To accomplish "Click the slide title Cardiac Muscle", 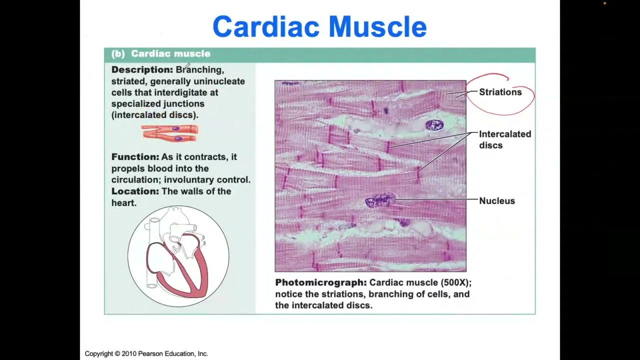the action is tap(319, 27).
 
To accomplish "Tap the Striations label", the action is tap(500, 92).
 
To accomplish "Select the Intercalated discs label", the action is tap(504, 139).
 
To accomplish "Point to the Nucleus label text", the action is tap(496, 201).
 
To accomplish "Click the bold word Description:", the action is tap(142, 69).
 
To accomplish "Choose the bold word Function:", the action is tap(135, 157).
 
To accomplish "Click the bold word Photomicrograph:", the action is tap(320, 282).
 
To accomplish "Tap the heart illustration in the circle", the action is tap(178, 256).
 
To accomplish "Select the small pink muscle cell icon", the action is tap(169, 132).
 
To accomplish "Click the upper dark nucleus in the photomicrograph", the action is tap(434, 125).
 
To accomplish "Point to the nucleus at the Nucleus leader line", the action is tap(380, 200).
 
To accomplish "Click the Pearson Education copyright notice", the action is tap(146, 353).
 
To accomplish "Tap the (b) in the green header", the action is tap(118, 53).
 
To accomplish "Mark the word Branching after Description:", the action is tap(199, 69).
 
